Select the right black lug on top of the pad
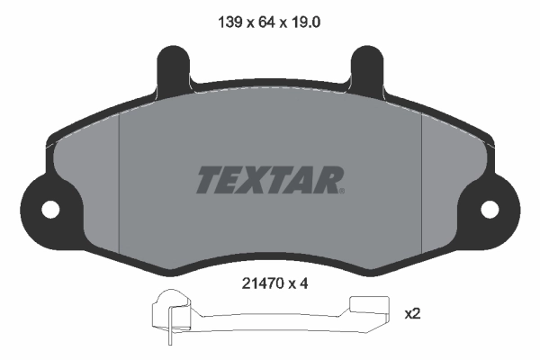(367, 68)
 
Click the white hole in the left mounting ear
(50, 209)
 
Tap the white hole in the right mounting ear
(490, 209)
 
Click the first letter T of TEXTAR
(208, 180)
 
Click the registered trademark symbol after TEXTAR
(343, 189)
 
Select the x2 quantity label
(413, 314)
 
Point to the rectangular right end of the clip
(368, 309)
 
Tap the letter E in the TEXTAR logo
(233, 180)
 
